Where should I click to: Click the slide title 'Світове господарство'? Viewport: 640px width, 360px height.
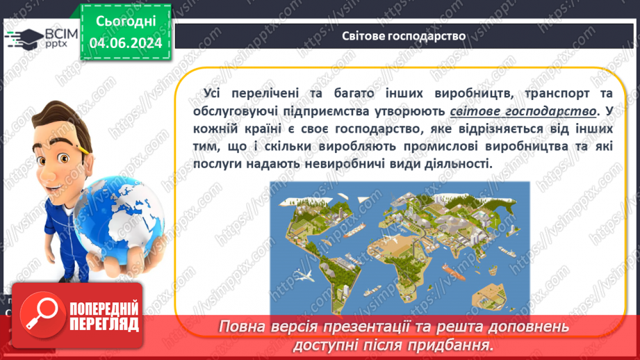404,36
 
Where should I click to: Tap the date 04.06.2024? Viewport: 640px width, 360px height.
126,42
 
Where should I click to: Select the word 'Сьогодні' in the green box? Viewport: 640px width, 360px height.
126,22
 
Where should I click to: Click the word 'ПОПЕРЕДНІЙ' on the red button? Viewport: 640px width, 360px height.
104,309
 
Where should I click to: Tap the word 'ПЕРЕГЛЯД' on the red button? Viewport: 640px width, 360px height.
104,325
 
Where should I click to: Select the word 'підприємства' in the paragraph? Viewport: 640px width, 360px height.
327,111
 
